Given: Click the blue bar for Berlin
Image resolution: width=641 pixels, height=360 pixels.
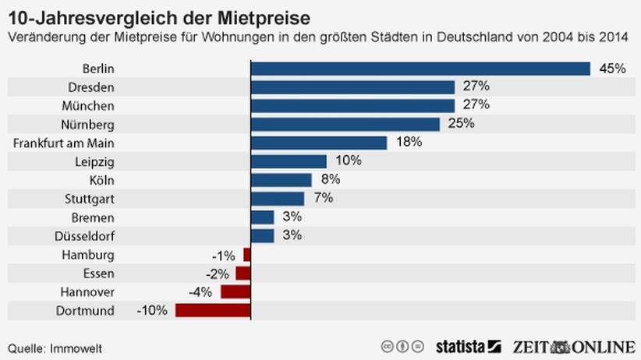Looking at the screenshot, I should [420, 69].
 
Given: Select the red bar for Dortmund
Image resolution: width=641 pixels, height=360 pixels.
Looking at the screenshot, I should [213, 310].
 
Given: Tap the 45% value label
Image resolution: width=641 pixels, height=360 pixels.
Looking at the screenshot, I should [612, 69].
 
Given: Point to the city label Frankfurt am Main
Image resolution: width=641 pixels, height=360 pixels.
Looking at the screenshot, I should [65, 143].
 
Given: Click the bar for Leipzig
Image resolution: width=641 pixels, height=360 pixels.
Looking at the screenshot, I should [289, 161].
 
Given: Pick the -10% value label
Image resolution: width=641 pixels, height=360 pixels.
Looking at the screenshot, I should [152, 310].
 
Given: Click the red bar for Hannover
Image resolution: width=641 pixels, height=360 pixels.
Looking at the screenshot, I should [236, 291].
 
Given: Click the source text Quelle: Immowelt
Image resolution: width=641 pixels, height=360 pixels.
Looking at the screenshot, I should [55, 348].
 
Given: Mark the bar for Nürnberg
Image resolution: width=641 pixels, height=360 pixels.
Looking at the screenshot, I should [345, 124].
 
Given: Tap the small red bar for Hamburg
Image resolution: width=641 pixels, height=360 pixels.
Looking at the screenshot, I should [246, 254].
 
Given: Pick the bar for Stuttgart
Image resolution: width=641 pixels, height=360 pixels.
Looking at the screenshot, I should [278, 199].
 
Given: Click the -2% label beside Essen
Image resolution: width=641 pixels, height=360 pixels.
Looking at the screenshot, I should [217, 274].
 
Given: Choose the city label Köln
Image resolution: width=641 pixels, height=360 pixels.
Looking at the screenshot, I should [102, 180].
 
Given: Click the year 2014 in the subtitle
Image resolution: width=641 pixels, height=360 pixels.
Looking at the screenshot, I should [621, 37].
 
